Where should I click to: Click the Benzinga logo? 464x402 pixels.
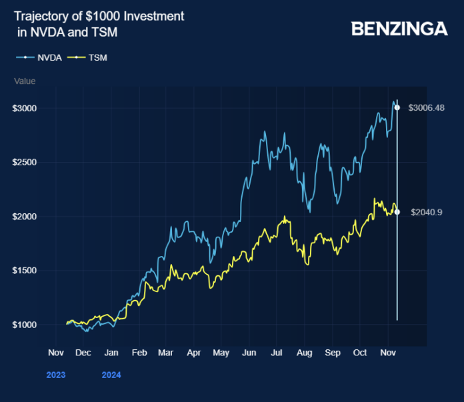[399, 29]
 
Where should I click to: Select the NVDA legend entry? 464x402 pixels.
[39, 58]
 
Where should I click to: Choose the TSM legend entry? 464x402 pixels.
[89, 58]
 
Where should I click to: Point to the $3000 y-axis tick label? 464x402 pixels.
[25, 108]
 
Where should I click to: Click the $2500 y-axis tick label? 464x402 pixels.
[25, 162]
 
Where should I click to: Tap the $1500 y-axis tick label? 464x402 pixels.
[25, 271]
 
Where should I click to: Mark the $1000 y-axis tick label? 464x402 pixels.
[25, 325]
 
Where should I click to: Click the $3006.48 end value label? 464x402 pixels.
[426, 108]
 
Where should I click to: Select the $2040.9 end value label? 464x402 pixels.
[427, 213]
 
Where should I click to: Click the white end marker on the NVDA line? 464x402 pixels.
[397, 107]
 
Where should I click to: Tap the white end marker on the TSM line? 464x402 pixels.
[397, 212]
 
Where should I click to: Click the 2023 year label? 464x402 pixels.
[56, 375]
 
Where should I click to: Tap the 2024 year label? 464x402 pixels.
[111, 375]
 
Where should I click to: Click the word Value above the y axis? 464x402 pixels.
[25, 81]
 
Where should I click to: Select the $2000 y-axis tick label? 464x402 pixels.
[25, 217]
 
